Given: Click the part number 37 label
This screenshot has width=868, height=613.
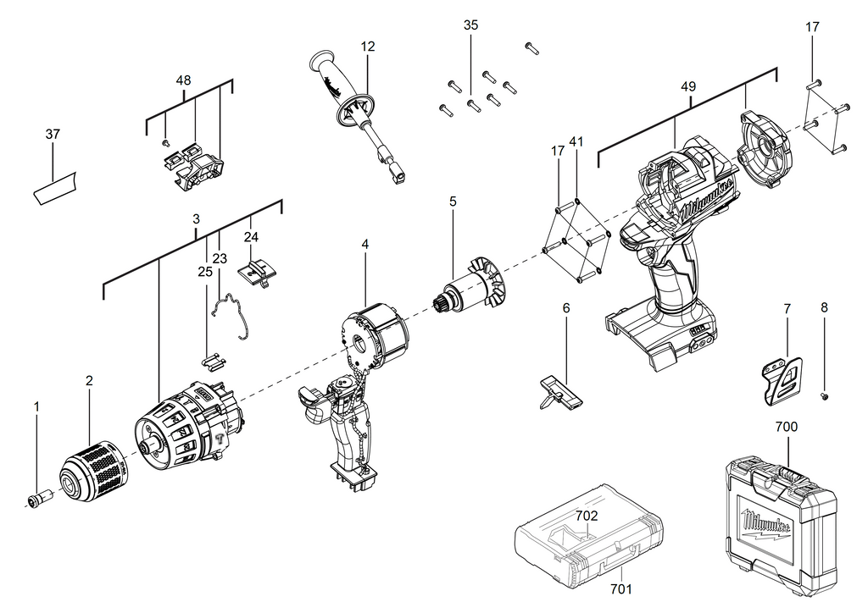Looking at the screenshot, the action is (53, 134).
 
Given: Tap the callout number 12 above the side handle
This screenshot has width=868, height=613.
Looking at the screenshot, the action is (368, 47).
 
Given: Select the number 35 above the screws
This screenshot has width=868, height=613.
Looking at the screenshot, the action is (470, 25).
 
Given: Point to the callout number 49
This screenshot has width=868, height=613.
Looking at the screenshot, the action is (688, 86).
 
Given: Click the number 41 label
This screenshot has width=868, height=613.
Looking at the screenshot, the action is (576, 142).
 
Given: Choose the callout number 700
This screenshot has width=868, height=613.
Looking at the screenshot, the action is (786, 427).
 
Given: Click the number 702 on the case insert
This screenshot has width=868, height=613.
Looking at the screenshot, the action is (587, 516).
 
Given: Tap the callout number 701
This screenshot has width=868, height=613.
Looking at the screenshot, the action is (620, 589).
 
